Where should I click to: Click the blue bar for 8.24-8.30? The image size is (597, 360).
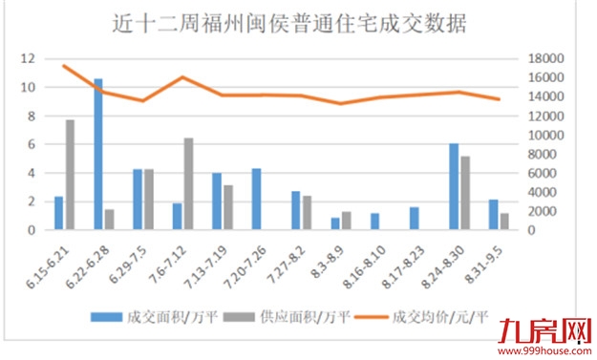454,187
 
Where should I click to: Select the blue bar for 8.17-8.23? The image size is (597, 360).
414,219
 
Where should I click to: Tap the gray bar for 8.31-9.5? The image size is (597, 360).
504,222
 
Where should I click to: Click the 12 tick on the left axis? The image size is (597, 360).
30,58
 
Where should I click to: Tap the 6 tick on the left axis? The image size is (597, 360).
33,144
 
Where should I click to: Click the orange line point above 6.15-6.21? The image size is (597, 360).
63,66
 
